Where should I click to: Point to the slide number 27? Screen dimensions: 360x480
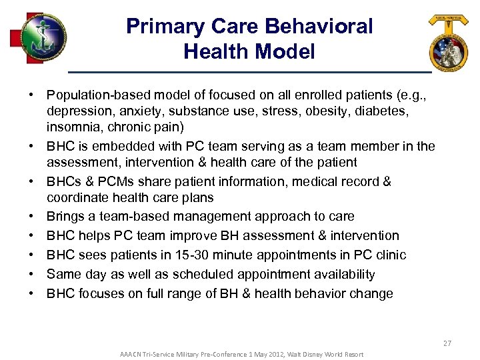pos(447,343)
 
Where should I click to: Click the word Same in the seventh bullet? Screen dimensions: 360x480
pos(63,275)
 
